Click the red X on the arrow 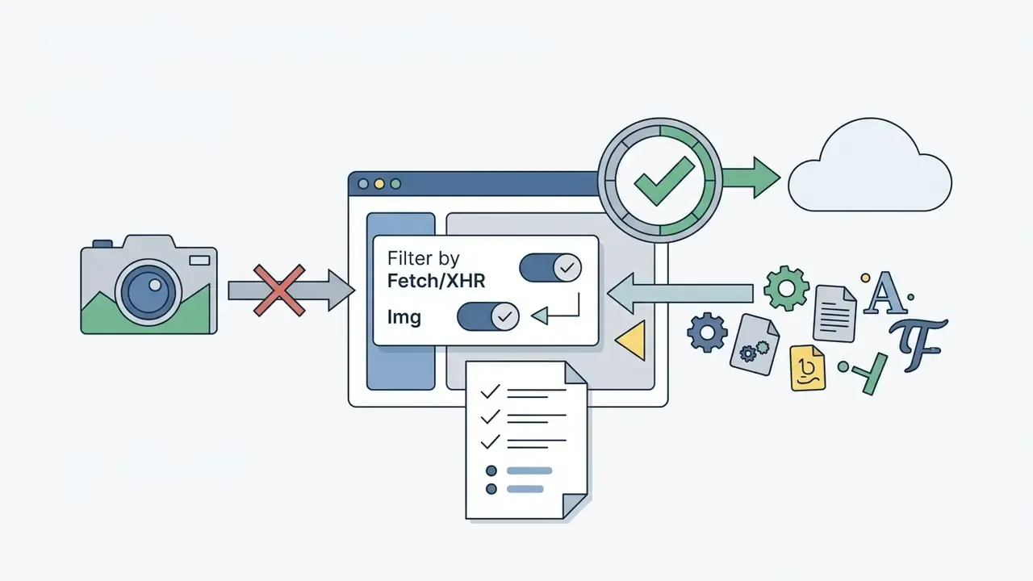(279, 290)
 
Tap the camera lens (148, 292)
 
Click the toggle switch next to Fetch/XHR (550, 267)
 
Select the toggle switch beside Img (488, 316)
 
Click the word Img (404, 317)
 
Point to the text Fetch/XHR (437, 281)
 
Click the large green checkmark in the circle (664, 181)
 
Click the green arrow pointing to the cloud (751, 178)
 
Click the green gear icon (786, 288)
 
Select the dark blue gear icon (707, 332)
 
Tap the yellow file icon (808, 368)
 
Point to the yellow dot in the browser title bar (379, 184)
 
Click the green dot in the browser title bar (395, 184)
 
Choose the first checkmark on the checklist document (490, 391)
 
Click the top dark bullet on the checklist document (491, 470)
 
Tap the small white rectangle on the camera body (199, 261)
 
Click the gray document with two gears (755, 345)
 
